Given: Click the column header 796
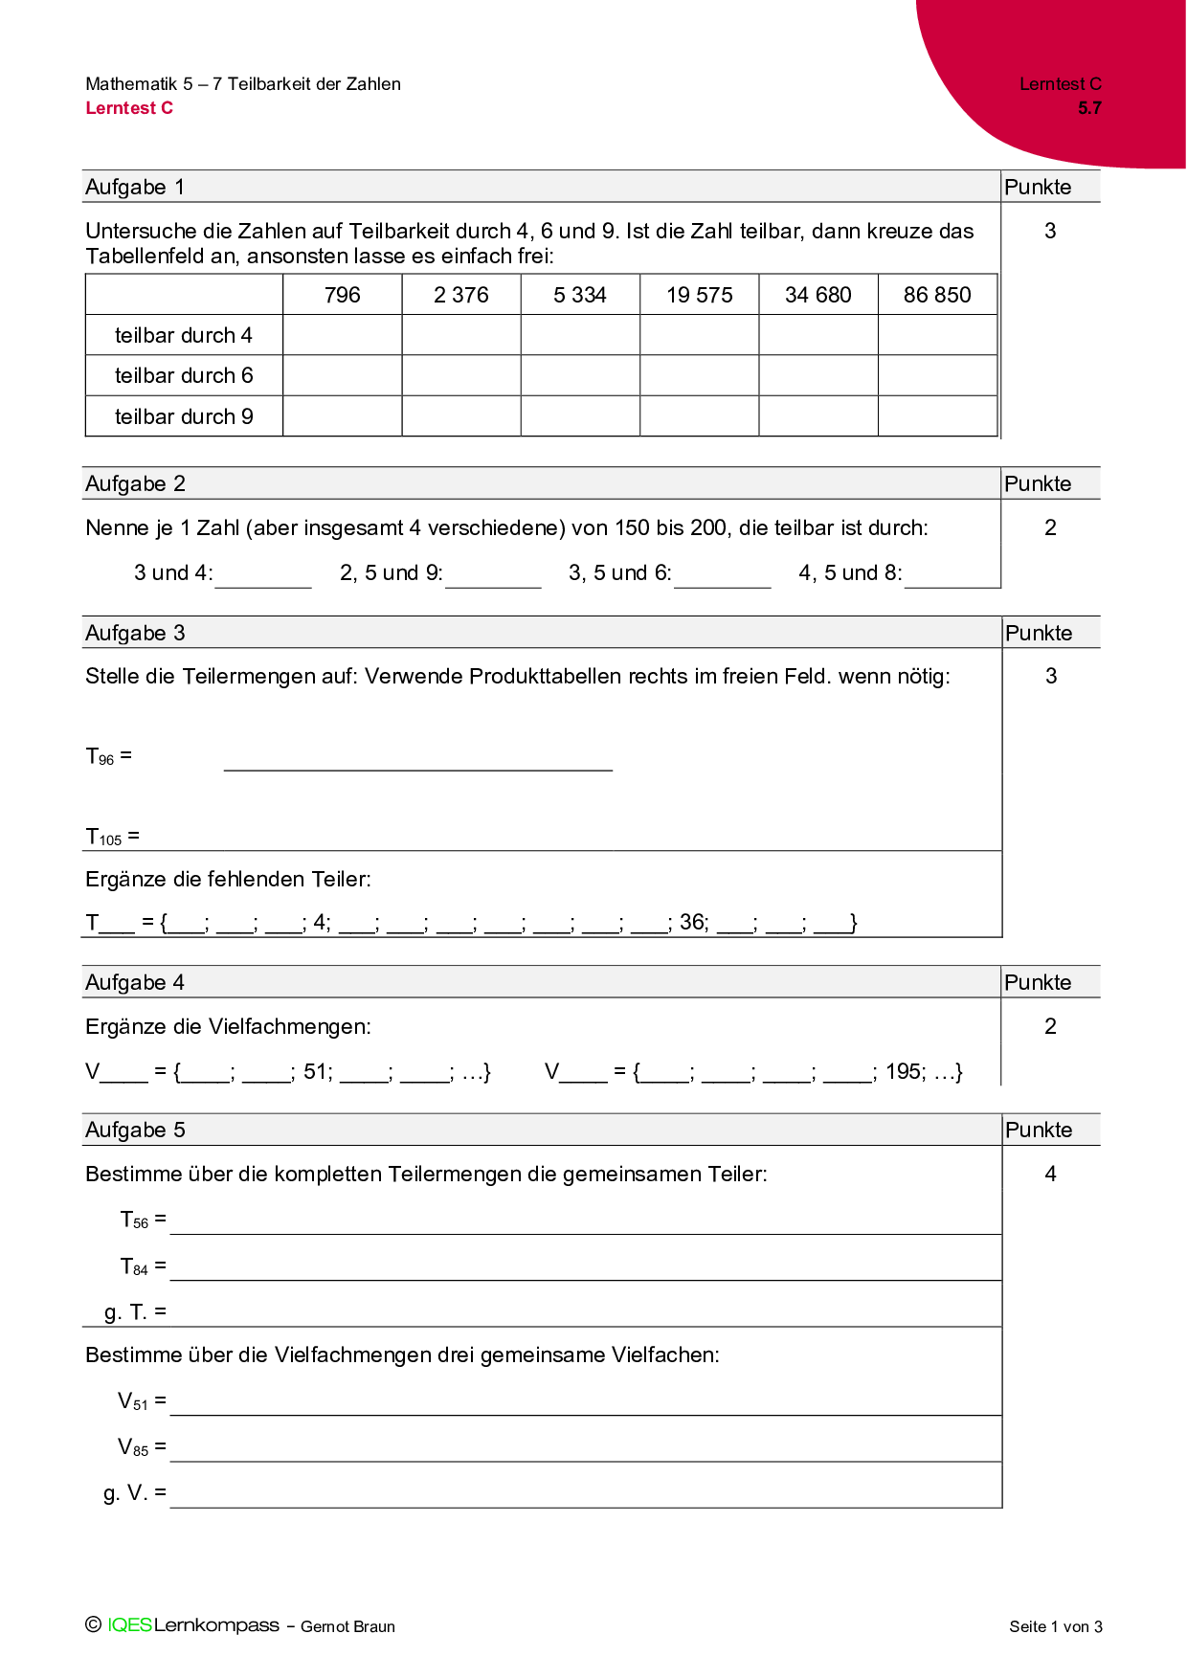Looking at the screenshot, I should pos(342,295).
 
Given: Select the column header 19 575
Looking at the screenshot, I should pos(699,295).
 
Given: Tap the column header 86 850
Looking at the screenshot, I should pos(937,295).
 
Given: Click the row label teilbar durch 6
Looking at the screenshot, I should pos(184,375).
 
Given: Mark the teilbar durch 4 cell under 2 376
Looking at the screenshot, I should pos(461,335).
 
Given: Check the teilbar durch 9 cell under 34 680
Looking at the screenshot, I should pos(818,416).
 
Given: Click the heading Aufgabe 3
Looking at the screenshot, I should pos(135,633).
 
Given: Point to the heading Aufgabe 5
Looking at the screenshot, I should pos(135,1130).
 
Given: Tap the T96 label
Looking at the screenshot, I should pos(101,757).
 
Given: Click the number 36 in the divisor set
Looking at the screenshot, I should pos(693,923).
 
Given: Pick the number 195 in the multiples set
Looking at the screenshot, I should pos(905,1071).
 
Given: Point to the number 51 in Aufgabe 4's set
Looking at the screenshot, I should pos(317,1071).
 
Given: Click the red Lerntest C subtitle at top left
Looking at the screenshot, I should pos(129,108).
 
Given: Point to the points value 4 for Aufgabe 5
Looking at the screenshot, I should pos(1050,1174).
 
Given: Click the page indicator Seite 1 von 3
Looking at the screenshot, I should pos(1055,1626).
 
